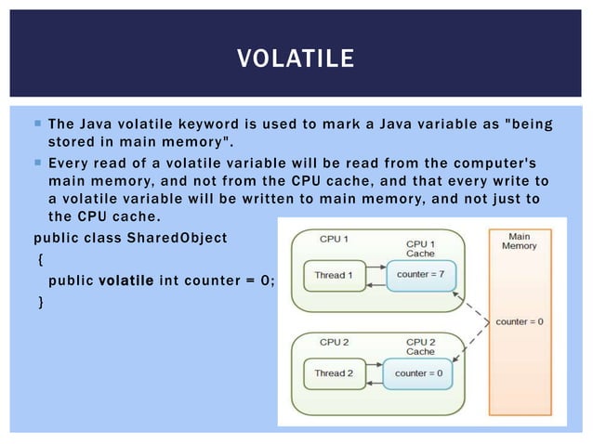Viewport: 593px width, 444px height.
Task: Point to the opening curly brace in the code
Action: [x=39, y=259]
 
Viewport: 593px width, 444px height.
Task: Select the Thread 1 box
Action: [x=333, y=275]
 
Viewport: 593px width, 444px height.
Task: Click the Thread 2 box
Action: [x=333, y=372]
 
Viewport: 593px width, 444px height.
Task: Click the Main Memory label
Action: [x=519, y=240]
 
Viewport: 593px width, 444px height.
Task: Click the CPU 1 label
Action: [x=334, y=239]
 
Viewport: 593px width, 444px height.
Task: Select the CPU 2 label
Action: [x=334, y=342]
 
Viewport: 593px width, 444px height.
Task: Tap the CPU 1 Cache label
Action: [x=420, y=248]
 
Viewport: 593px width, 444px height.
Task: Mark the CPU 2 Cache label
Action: [x=420, y=346]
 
